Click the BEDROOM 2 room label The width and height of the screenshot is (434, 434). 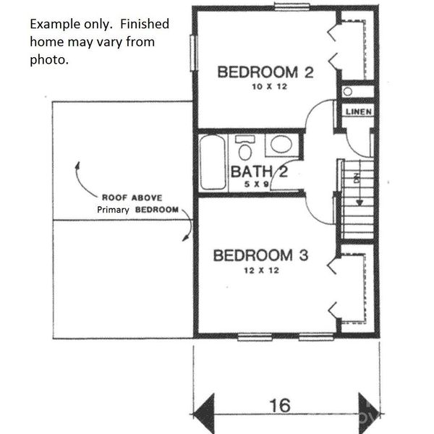(x=265, y=72)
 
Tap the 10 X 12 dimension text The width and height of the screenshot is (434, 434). (x=270, y=87)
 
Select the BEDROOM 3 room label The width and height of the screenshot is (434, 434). (x=260, y=255)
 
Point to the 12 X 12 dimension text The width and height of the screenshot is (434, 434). (x=262, y=271)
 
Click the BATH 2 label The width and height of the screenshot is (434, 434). (x=259, y=171)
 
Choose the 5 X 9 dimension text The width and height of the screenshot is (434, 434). (x=257, y=184)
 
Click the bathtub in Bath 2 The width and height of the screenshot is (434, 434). (x=213, y=162)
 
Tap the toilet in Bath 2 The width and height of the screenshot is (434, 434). (x=245, y=148)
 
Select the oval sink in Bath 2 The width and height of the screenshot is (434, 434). (x=281, y=145)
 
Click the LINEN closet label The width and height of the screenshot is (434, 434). (x=359, y=112)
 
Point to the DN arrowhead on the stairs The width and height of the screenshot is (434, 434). (x=359, y=203)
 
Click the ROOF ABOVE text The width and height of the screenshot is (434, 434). (x=132, y=197)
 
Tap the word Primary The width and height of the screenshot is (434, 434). (x=113, y=210)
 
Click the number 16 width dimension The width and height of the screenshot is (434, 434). (x=280, y=406)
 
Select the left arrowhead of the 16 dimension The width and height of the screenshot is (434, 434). (x=204, y=414)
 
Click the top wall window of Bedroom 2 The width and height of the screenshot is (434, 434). (x=292, y=7)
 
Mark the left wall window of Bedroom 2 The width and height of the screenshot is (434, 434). (x=194, y=53)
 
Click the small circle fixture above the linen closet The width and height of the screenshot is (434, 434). (x=348, y=92)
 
